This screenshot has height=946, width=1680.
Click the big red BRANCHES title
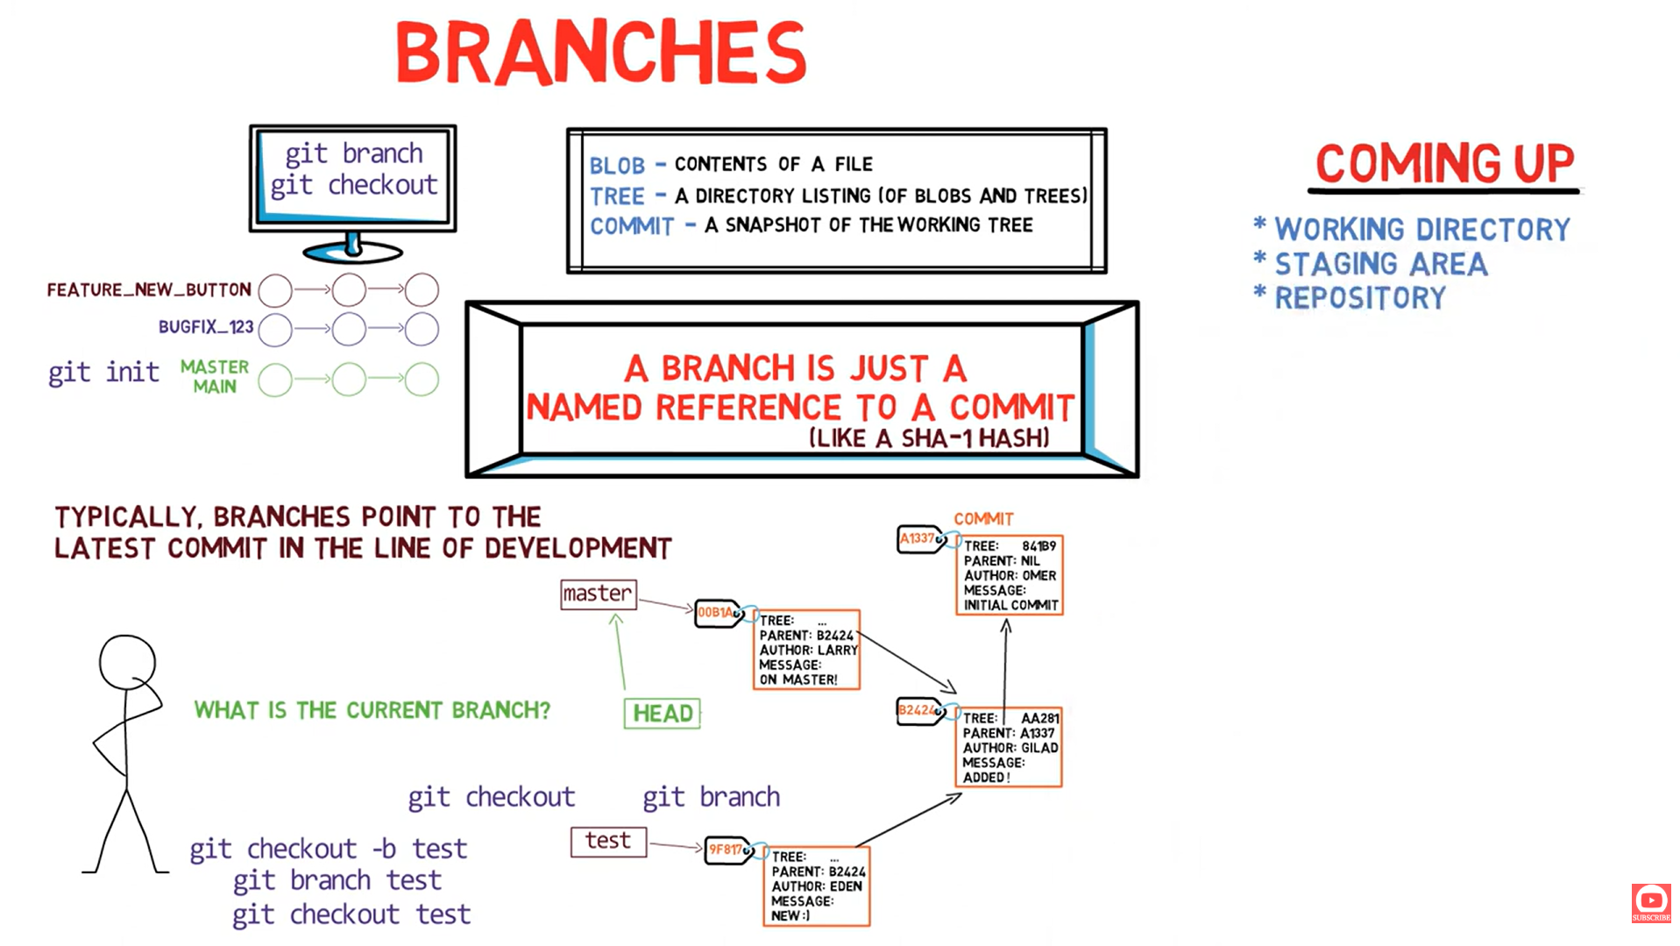tap(600, 53)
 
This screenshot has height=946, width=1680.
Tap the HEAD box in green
tap(663, 714)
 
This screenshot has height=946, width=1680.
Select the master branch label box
tap(598, 594)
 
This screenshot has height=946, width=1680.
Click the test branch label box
tap(608, 842)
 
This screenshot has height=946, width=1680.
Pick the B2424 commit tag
tap(918, 711)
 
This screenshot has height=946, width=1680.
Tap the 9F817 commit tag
tap(727, 850)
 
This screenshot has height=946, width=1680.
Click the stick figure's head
tap(127, 663)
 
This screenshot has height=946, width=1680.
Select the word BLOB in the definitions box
tap(617, 166)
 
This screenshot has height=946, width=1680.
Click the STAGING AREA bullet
tap(1379, 264)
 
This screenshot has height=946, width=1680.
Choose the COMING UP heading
tap(1444, 164)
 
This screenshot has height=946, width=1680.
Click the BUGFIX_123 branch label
tap(206, 327)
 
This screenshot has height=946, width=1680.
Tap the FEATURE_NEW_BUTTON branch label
tap(149, 290)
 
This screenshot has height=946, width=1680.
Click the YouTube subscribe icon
tap(1650, 902)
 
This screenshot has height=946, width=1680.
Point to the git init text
tap(103, 373)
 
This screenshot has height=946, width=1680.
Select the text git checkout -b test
tap(328, 849)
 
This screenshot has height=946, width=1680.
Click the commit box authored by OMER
tap(1009, 575)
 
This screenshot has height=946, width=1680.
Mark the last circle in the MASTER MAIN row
tap(422, 380)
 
